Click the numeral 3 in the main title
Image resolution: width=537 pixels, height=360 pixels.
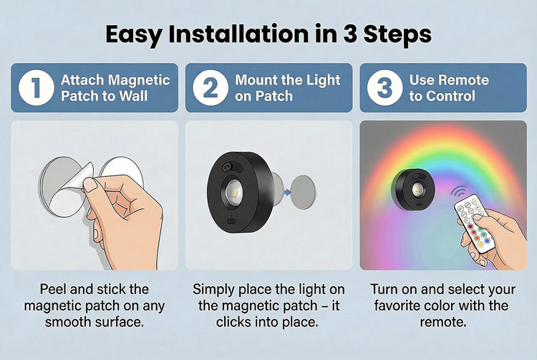click(x=350, y=34)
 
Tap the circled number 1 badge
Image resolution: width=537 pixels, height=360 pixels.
click(x=36, y=87)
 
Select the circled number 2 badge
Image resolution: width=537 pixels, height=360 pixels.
click(x=211, y=87)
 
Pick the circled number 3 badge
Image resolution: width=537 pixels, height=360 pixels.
click(x=384, y=87)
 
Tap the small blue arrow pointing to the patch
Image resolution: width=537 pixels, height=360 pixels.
click(x=287, y=193)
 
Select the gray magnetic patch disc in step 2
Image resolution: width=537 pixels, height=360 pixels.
click(x=303, y=193)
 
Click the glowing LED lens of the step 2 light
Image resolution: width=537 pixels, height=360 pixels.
click(x=233, y=193)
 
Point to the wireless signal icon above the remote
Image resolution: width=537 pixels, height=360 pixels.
click(x=458, y=192)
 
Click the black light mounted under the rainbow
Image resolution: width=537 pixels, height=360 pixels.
click(x=412, y=190)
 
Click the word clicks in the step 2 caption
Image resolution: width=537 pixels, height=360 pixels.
click(x=233, y=322)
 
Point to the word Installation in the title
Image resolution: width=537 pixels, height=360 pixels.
click(x=238, y=34)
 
